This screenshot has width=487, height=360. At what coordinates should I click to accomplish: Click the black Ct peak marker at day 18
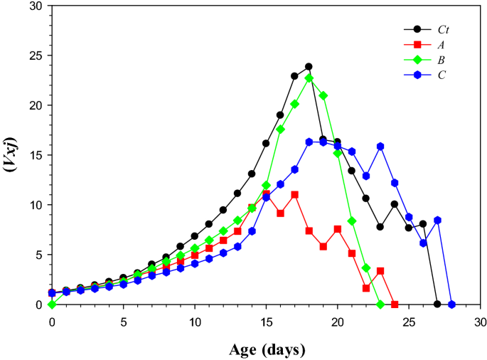(x=309, y=67)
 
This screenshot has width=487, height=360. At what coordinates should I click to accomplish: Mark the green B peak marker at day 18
(x=309, y=78)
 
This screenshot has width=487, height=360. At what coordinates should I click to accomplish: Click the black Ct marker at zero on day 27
(x=437, y=304)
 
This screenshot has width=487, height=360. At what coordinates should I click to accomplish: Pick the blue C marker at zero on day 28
(x=451, y=305)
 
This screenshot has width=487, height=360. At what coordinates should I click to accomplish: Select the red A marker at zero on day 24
(x=395, y=304)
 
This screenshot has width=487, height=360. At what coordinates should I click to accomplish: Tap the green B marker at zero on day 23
(x=380, y=304)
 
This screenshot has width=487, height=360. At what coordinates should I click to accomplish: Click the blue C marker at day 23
(x=380, y=147)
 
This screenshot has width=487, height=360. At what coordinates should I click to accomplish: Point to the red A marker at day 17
(x=294, y=194)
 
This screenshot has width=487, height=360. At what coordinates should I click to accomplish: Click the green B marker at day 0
(x=52, y=304)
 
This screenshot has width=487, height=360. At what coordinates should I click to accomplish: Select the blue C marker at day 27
(x=437, y=221)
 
